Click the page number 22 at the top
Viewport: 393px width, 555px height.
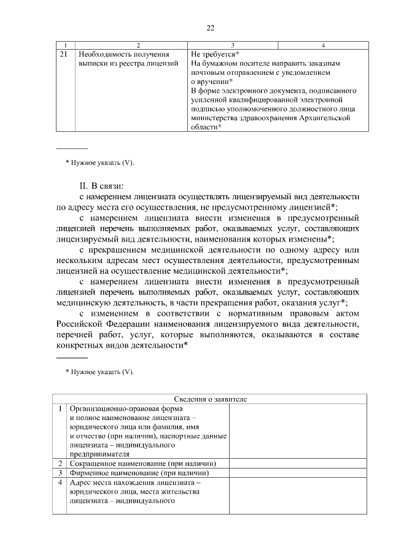[x=210, y=28]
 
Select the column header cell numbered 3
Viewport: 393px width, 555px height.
[x=233, y=45]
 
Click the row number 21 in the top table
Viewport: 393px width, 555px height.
[x=64, y=55]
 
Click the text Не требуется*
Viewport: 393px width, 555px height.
[x=215, y=55]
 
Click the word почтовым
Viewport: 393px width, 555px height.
[x=209, y=72]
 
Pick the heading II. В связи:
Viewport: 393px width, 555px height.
[x=101, y=185]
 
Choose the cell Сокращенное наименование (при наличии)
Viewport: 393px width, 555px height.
[x=146, y=463]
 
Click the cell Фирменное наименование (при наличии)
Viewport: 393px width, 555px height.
[x=140, y=473]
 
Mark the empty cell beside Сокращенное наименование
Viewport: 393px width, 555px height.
[x=298, y=463]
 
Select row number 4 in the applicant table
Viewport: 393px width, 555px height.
[x=60, y=483]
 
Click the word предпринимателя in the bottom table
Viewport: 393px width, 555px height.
[x=100, y=454]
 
